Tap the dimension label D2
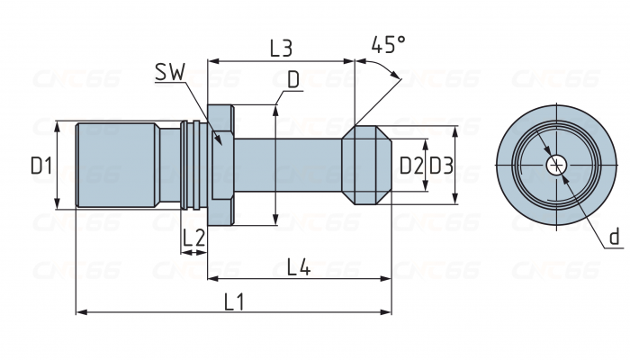410,166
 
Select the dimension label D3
440,166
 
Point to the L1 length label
234,301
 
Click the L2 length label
193,238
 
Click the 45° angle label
388,45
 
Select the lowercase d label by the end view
614,237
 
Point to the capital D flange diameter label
292,79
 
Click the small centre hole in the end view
557,165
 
